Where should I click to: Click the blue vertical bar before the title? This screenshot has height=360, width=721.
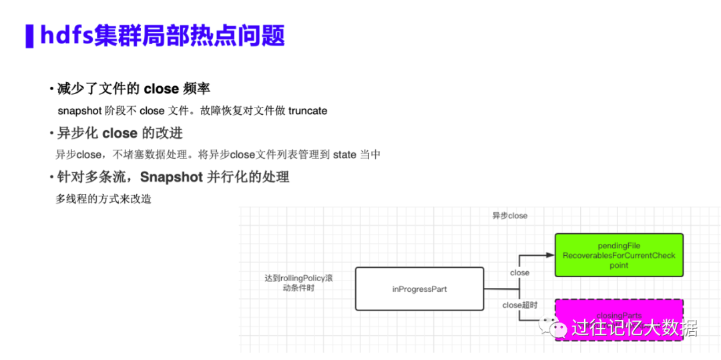tap(29, 36)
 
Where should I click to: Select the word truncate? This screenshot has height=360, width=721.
tap(308, 111)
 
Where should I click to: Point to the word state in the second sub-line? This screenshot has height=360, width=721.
tap(344, 155)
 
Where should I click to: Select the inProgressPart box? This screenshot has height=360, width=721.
tap(419, 289)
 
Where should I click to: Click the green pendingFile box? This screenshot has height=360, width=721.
tap(619, 255)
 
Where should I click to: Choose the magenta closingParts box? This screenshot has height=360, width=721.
tap(619, 319)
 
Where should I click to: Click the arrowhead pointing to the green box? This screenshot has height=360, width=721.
tap(549, 255)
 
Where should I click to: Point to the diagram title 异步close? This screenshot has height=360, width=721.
tap(509, 216)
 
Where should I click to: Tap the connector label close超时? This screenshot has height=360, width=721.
tap(520, 305)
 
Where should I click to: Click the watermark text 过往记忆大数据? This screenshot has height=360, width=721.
tap(634, 328)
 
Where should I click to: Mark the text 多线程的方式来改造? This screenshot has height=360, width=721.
tap(103, 199)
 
